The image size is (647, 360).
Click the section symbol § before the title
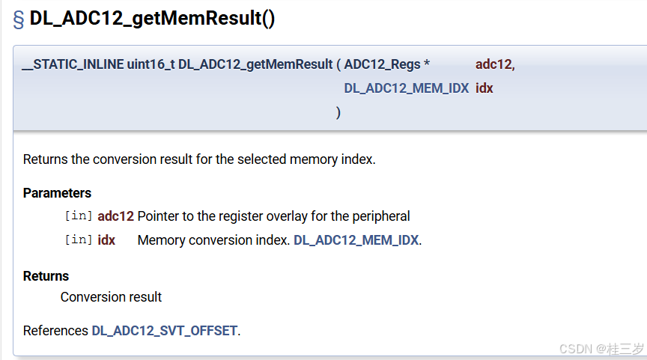(19, 20)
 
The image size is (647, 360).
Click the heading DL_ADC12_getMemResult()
(152, 19)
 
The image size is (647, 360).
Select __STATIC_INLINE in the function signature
(73, 64)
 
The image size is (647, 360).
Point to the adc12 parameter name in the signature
(494, 64)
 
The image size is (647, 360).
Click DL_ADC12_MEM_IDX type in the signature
(406, 88)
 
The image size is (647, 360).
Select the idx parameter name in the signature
(484, 88)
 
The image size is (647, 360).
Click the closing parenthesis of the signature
(338, 112)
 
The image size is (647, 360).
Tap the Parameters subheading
(57, 193)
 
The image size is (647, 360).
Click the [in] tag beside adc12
(79, 216)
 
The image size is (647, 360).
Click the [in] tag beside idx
(79, 240)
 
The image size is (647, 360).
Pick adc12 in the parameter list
(115, 216)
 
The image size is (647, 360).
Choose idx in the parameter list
(106, 240)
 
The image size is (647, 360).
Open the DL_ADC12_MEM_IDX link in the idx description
(356, 240)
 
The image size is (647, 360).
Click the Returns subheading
(46, 276)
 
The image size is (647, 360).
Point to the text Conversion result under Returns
(111, 297)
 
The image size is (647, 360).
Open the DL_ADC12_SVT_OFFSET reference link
(164, 331)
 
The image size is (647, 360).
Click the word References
(55, 331)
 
